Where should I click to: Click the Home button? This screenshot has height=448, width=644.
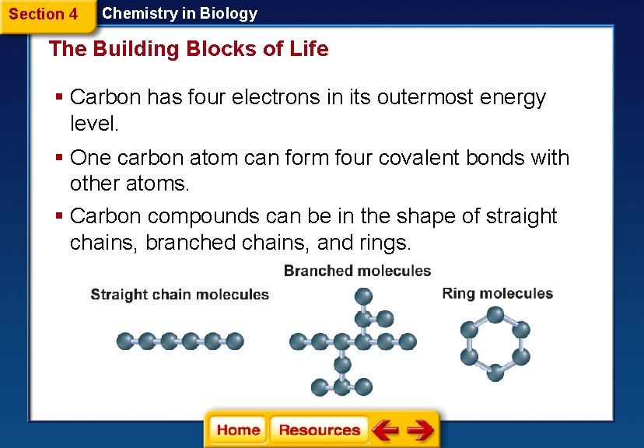[x=238, y=430]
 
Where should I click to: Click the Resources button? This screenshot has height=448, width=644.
[x=319, y=430]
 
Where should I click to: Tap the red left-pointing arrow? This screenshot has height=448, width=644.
[x=384, y=430]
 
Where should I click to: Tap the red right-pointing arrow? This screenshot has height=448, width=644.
[x=420, y=430]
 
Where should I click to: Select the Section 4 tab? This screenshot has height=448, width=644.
[x=44, y=14]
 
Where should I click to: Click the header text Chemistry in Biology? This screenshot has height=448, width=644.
[x=180, y=13]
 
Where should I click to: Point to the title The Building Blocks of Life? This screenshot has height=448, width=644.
[x=188, y=49]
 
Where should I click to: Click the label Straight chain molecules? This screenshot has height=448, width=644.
[x=180, y=295]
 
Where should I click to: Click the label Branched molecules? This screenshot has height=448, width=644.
[x=357, y=271]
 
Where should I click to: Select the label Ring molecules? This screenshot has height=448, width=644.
[x=497, y=293]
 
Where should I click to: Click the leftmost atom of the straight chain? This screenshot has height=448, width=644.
[x=124, y=341]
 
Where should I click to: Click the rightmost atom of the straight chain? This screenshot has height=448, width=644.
[x=236, y=341]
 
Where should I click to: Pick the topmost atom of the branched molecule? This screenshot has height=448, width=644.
[x=363, y=296]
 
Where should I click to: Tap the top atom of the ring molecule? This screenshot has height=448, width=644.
[x=495, y=314]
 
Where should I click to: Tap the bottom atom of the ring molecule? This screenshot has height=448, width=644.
[x=495, y=373]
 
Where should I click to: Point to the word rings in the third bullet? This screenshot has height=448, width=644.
[x=381, y=243]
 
